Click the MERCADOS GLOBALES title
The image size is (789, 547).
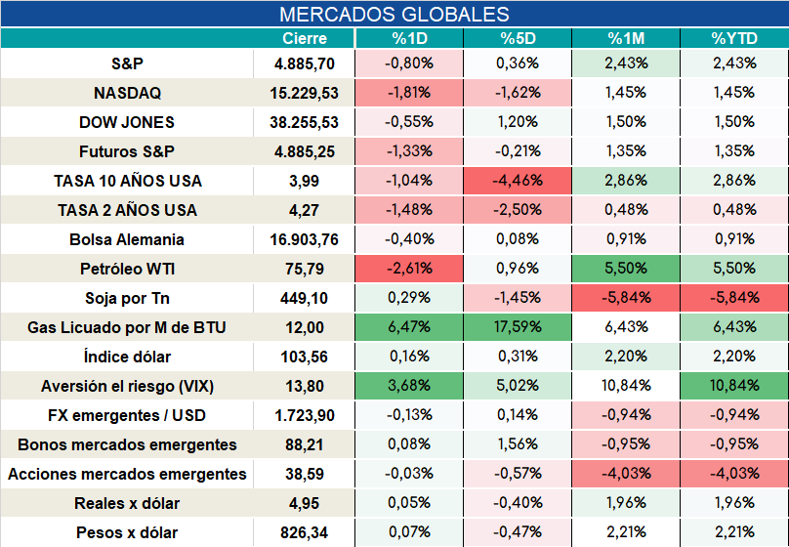[x=394, y=14]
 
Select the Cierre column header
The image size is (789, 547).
[x=305, y=38]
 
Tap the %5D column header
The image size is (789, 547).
[x=518, y=38]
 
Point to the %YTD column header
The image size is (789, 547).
[x=734, y=38]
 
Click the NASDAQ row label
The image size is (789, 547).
[x=127, y=93]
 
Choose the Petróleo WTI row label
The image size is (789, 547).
[x=127, y=269]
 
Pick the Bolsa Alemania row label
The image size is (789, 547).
[x=127, y=239]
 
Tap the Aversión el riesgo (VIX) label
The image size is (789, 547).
[x=127, y=386]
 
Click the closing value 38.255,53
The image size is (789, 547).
[x=304, y=122]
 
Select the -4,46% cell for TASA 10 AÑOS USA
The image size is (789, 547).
[x=518, y=180]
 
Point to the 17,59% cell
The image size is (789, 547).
[x=518, y=327]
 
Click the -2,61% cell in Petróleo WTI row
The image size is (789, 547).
[x=409, y=269]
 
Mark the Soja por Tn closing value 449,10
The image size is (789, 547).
[x=304, y=298]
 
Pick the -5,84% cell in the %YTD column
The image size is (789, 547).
[x=734, y=297]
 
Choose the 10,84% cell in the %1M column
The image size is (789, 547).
[x=626, y=386]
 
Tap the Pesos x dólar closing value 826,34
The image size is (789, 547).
[x=304, y=532]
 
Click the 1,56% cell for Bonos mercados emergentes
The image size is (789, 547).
[x=518, y=444]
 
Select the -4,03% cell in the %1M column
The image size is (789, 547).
[x=626, y=474]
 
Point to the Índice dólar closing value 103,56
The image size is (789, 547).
[x=304, y=357]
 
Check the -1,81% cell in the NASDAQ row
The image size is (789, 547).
[x=409, y=93]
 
